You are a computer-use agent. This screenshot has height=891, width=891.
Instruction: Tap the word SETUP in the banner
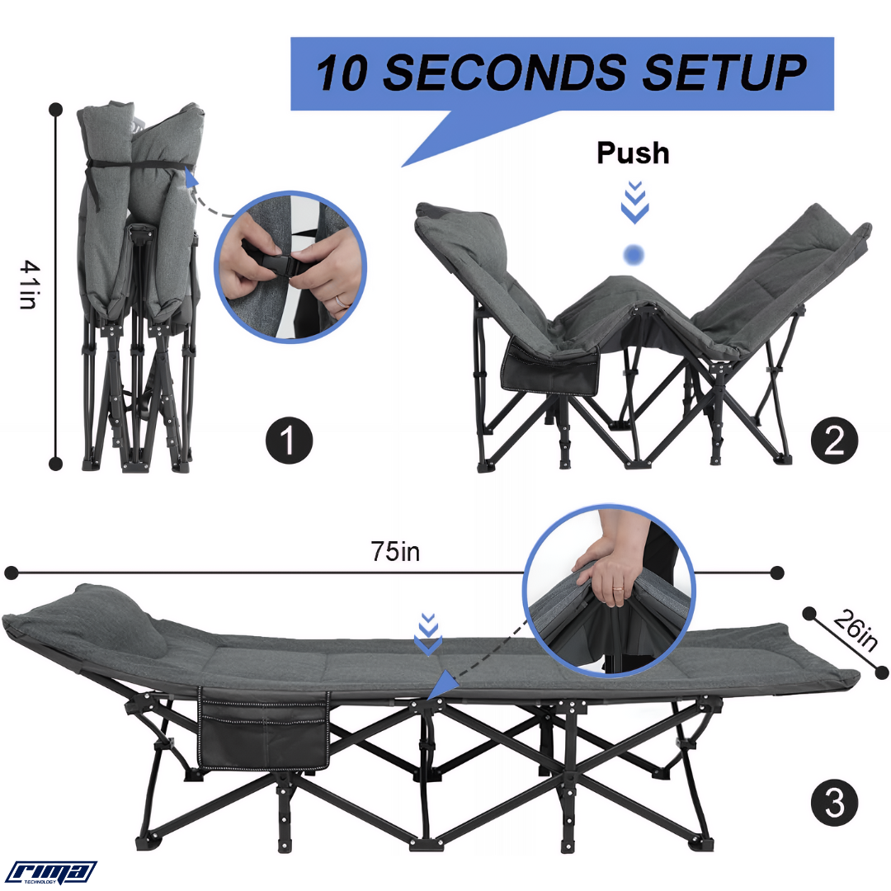click(x=724, y=72)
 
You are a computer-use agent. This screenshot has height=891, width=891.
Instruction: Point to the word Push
click(x=633, y=153)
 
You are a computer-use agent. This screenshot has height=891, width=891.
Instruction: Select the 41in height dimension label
click(x=28, y=284)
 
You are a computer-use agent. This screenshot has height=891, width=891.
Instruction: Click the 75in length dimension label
click(x=395, y=551)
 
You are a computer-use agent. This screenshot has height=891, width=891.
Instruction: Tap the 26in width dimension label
click(x=856, y=630)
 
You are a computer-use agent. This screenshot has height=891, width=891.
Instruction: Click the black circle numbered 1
click(x=290, y=441)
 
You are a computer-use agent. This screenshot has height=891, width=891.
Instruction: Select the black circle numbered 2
click(x=834, y=441)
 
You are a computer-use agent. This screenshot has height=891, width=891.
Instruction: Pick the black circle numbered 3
click(x=834, y=804)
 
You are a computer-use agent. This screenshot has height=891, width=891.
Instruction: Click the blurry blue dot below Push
click(x=634, y=255)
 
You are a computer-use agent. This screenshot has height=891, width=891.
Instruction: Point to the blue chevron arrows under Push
click(x=634, y=202)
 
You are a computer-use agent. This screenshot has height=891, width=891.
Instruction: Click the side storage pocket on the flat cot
click(x=264, y=729)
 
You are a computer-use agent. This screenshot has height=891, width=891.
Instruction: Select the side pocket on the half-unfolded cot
click(x=549, y=366)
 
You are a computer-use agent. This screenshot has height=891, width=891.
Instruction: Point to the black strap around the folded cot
click(x=135, y=165)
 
